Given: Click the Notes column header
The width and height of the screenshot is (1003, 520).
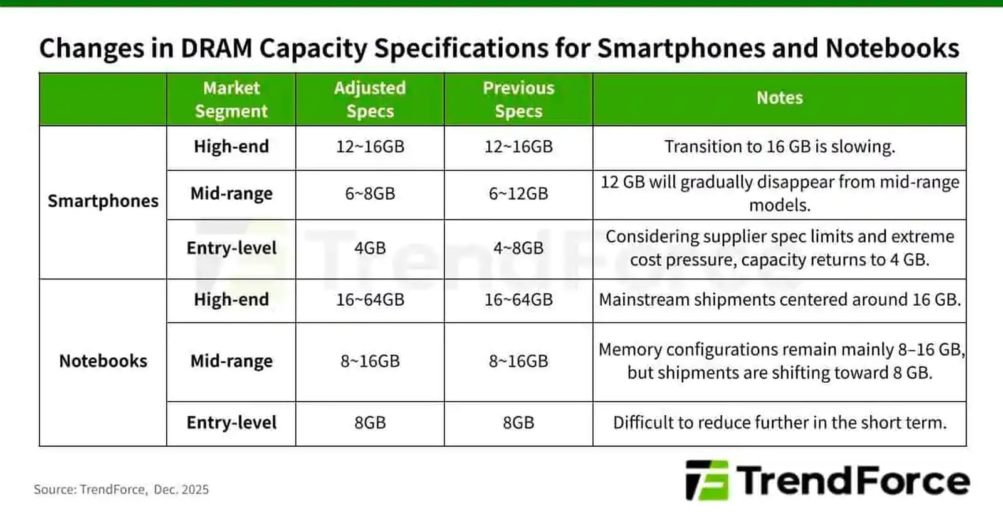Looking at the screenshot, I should tap(779, 98).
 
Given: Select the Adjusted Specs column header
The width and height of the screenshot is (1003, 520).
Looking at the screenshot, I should tap(370, 99).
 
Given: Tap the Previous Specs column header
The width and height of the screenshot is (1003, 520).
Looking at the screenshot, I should tap(518, 99).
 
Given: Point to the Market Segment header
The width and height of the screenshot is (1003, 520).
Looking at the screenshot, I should tap(231, 99).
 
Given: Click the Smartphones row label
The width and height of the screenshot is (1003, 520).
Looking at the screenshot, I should tap(103, 201).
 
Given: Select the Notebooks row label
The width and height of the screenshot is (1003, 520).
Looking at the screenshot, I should tap(103, 361).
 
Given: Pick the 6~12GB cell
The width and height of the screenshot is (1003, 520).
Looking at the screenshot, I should tap(518, 194).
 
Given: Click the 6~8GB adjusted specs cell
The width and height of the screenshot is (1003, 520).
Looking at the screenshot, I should tap(370, 194).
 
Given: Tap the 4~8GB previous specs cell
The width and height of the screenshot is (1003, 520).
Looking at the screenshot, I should tap(518, 248).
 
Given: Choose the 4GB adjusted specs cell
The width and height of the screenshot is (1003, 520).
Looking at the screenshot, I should tap(370, 248).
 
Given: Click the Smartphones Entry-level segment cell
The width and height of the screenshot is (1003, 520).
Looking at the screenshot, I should tap(231, 248).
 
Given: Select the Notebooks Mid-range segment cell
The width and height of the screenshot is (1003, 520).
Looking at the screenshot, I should tap(231, 361).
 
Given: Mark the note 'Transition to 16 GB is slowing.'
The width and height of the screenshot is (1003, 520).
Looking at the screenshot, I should tap(779, 147).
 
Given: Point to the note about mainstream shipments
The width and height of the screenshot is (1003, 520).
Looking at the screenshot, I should tap(779, 299).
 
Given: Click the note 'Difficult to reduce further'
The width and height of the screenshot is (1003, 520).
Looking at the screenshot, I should tap(779, 423).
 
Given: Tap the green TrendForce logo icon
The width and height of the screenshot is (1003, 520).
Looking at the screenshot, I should tap(707, 481).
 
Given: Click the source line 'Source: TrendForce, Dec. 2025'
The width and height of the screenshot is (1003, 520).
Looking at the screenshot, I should tap(121, 490).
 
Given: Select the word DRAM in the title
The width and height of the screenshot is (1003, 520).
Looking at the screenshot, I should tap(216, 48).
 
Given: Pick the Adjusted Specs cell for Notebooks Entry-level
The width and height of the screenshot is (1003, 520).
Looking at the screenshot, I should tap(370, 423).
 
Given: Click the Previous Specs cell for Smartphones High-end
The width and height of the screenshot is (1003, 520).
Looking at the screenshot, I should tap(518, 147).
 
